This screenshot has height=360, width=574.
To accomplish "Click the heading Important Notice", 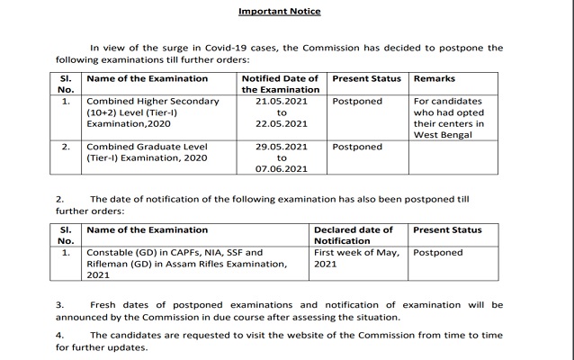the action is click(x=279, y=12).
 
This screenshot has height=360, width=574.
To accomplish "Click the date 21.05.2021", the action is click(x=281, y=102).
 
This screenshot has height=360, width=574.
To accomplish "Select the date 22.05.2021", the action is click(x=281, y=124).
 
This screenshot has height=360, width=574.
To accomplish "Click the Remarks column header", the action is click(x=434, y=79).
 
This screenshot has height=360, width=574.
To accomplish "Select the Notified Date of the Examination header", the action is click(x=283, y=85).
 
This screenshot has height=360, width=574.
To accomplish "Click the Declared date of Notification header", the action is click(x=354, y=236).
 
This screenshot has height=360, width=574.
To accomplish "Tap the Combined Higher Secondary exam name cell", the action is click(x=152, y=112).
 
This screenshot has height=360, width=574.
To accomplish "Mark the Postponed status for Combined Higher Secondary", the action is click(x=357, y=102).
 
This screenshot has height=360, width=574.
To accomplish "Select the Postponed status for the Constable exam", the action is click(x=438, y=253).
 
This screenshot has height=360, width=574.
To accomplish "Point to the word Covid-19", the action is click(x=250, y=48).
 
